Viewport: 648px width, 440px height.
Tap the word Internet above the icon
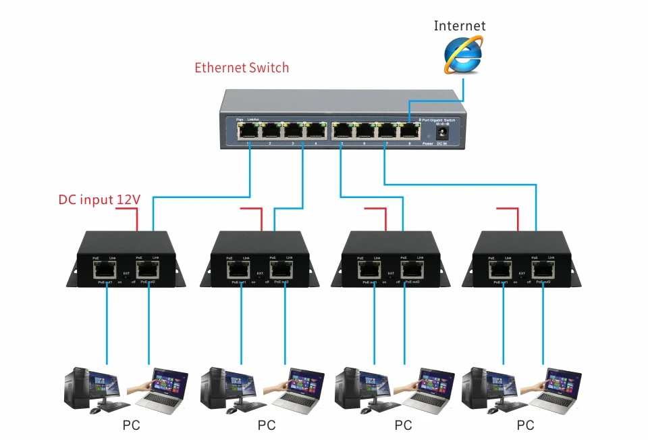(459, 26)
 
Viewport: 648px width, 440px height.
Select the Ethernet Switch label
(242, 68)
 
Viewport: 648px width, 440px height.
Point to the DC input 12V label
(99, 199)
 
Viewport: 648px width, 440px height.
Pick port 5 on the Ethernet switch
(342, 130)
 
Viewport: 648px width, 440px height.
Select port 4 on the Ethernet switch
(315, 130)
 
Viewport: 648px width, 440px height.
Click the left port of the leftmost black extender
(105, 271)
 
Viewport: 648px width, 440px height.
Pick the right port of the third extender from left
(412, 271)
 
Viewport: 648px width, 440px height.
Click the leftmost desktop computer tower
(76, 387)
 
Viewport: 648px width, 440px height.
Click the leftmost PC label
(132, 426)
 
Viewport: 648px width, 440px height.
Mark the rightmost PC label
(525, 426)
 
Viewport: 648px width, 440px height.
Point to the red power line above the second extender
(261, 218)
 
